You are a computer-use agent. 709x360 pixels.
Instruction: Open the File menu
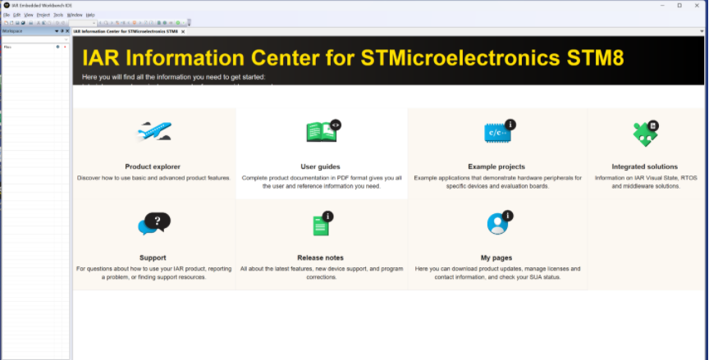coord(6,15)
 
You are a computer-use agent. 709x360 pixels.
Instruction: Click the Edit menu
coord(16,15)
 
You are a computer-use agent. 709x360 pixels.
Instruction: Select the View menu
coord(29,15)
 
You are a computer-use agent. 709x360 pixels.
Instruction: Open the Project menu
coord(43,15)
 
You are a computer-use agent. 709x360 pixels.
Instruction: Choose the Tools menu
coord(58,15)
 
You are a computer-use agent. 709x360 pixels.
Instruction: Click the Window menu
coord(75,15)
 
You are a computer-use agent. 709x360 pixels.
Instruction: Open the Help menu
coord(90,15)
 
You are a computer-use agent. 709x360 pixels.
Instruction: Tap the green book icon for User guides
coord(322,131)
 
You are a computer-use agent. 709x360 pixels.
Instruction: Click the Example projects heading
coord(496,166)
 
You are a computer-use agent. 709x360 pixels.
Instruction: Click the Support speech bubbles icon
coord(153,222)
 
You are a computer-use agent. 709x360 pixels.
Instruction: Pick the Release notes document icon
coord(321,224)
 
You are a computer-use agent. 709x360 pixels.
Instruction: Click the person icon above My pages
coord(497,222)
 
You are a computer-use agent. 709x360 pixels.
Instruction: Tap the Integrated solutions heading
coord(645,166)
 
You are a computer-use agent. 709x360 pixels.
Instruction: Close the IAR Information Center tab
coord(183,31)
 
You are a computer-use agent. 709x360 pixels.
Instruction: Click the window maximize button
coord(679,5)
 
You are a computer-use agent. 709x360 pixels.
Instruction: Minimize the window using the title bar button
coord(656,5)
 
